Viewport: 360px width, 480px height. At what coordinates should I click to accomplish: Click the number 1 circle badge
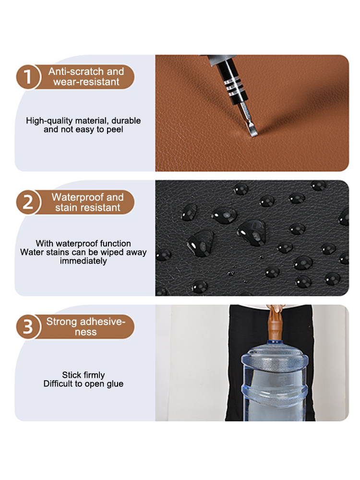click(28, 76)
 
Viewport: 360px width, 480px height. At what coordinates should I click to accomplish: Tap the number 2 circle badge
click(28, 202)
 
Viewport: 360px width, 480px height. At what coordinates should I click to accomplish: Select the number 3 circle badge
click(28, 326)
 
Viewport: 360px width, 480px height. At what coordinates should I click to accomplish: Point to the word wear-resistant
click(86, 82)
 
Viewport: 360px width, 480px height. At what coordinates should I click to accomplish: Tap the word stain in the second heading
click(65, 207)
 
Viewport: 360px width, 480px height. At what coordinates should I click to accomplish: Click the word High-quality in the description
click(49, 120)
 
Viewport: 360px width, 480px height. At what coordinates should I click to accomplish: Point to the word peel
click(115, 130)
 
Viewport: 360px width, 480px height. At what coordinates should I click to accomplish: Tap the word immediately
click(83, 261)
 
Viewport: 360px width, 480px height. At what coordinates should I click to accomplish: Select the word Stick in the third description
click(71, 375)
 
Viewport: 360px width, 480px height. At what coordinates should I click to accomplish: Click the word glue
click(115, 384)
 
